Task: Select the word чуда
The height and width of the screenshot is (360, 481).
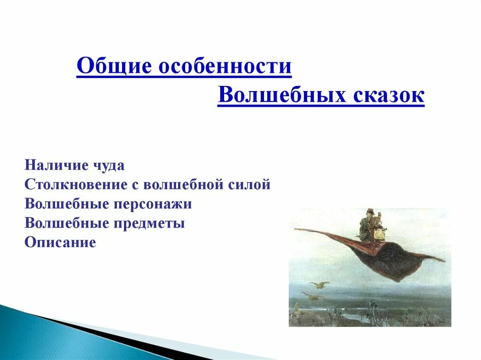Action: coord(109,166)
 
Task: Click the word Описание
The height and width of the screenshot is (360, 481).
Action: coord(60,243)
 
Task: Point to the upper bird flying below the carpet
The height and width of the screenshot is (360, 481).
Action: coord(319,284)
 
